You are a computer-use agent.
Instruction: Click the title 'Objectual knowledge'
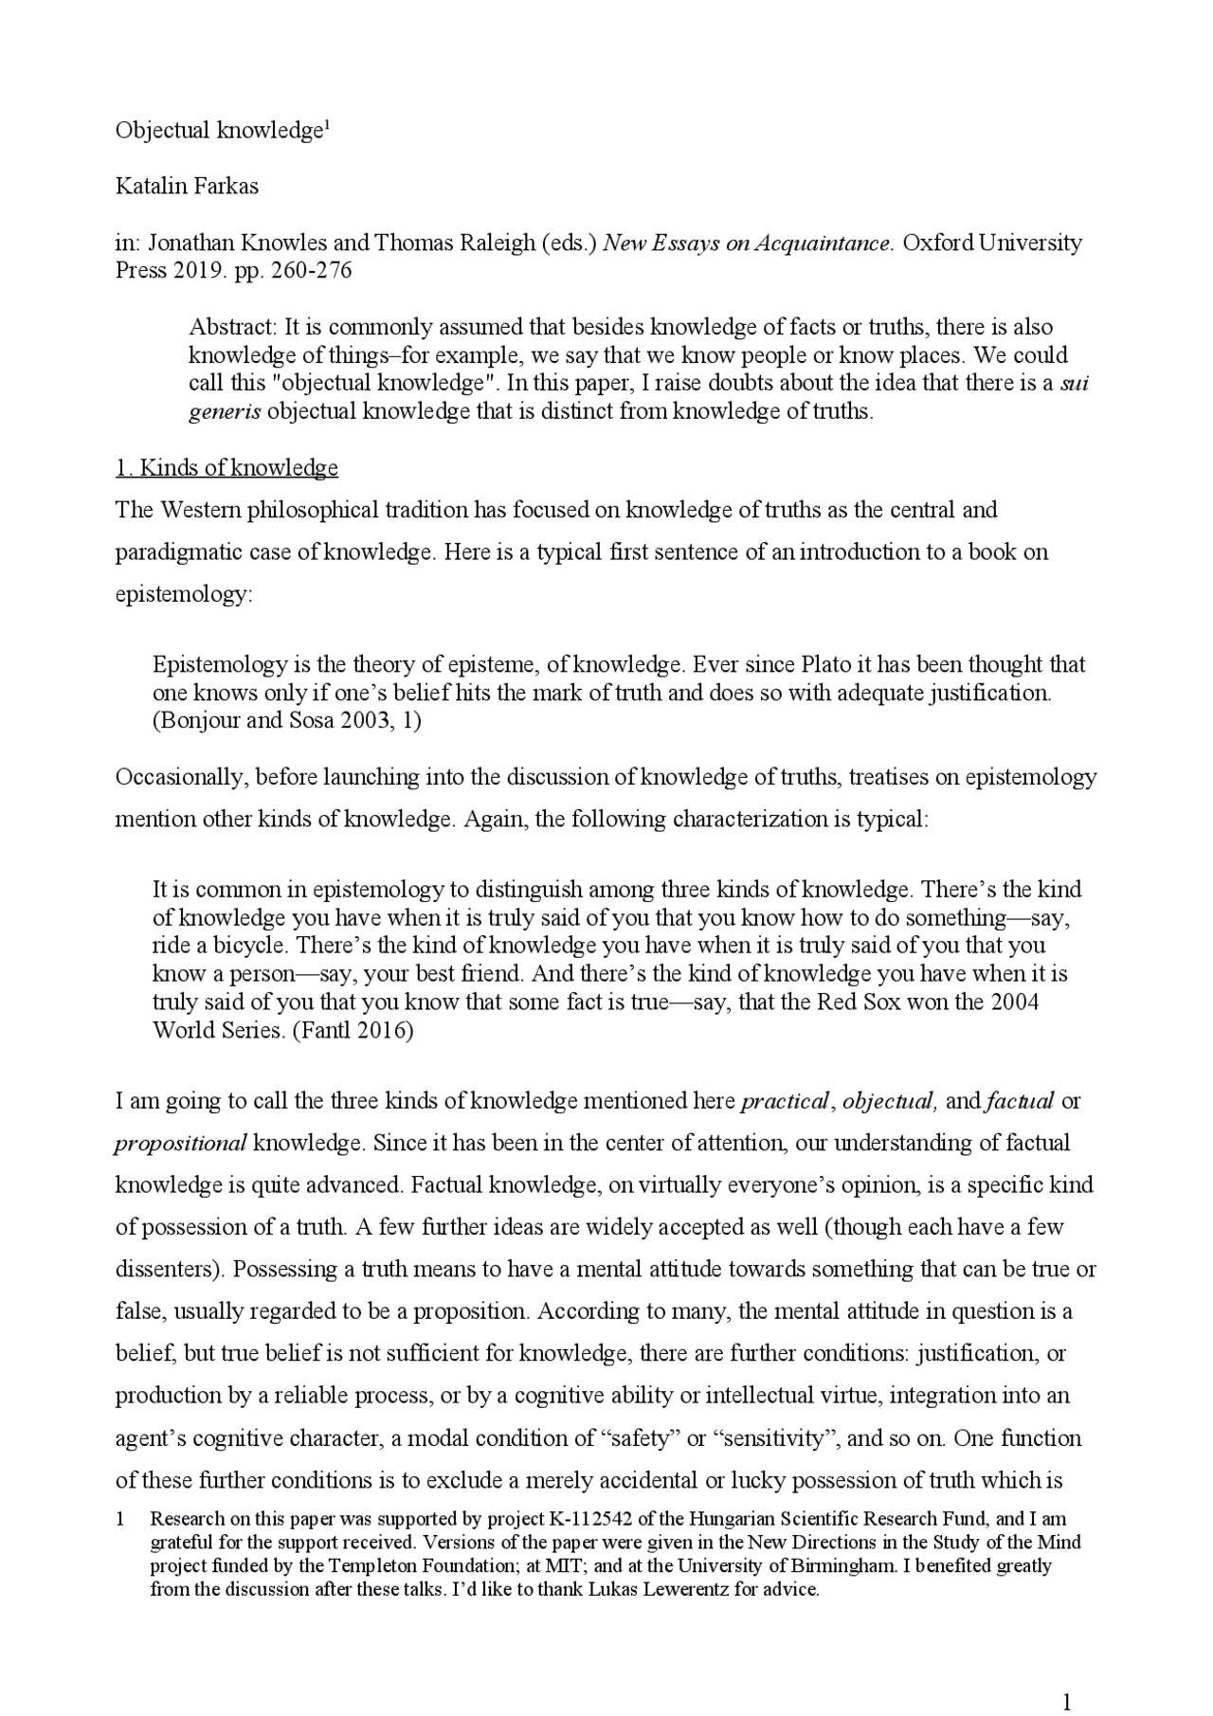pos(219,131)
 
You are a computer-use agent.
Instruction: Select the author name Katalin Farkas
pos(187,186)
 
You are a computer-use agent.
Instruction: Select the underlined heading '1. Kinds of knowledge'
pos(226,468)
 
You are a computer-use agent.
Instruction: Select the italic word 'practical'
pos(785,1101)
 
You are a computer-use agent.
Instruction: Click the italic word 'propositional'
pos(180,1143)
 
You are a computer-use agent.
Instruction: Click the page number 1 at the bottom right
pos(1066,1676)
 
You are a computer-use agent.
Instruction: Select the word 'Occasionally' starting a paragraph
pos(179,778)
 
